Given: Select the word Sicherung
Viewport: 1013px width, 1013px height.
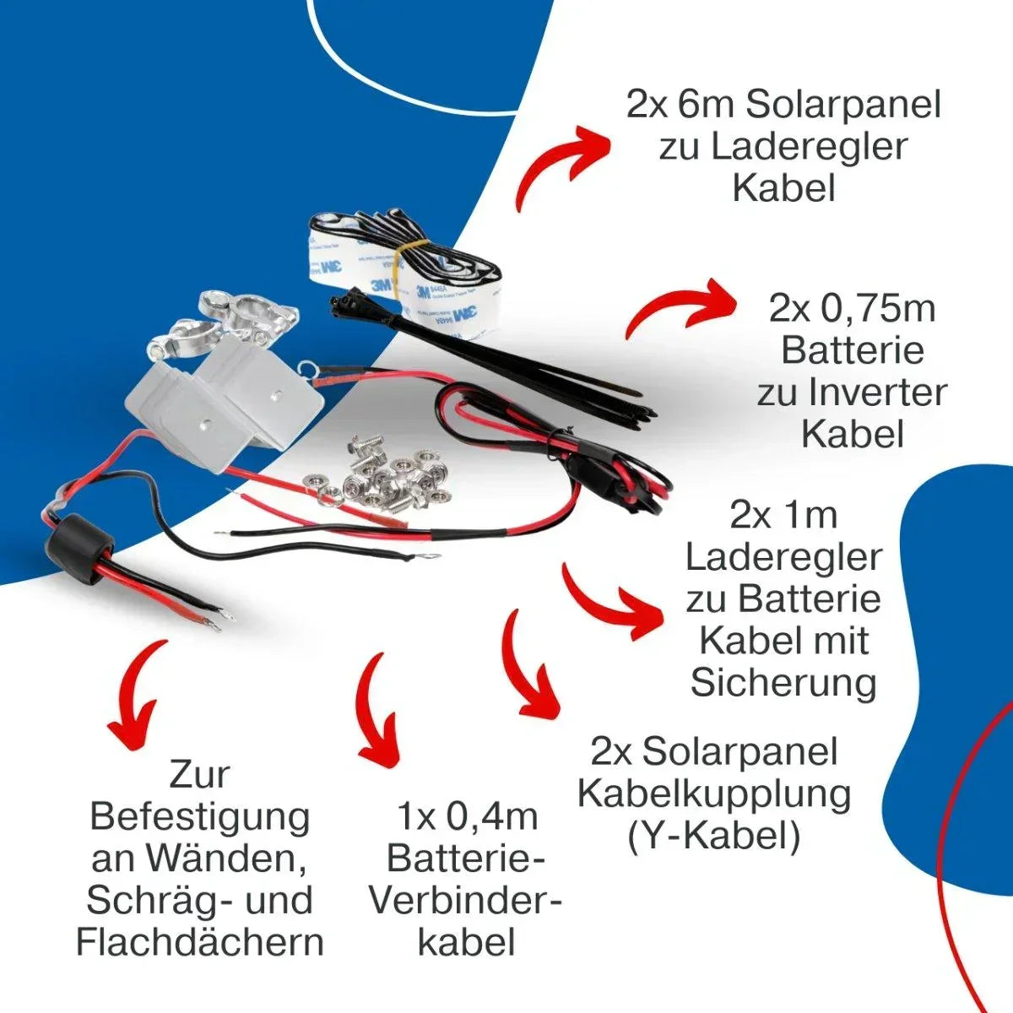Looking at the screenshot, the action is coord(783,683).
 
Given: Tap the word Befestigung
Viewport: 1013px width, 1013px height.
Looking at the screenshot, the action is coord(200,817).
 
